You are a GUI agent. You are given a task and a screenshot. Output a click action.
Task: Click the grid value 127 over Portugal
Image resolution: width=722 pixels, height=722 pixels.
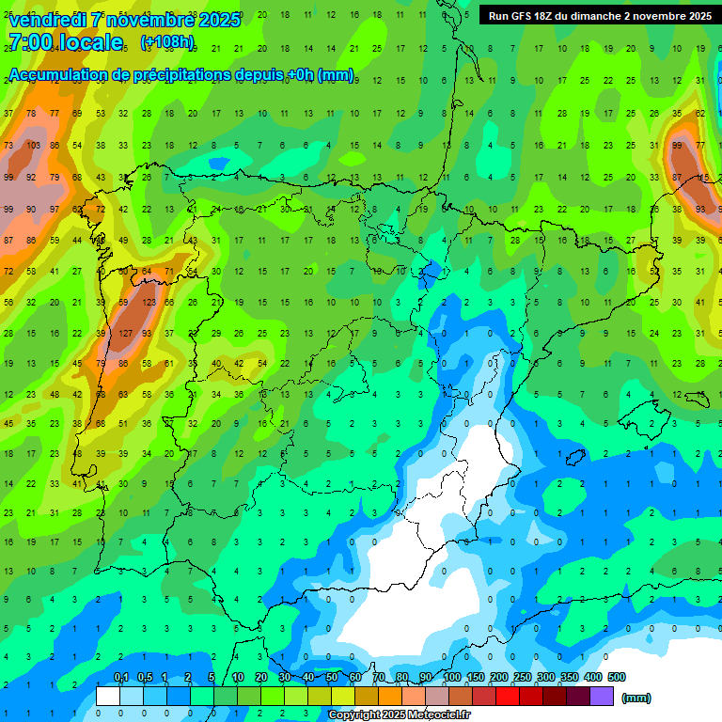(x=125, y=334)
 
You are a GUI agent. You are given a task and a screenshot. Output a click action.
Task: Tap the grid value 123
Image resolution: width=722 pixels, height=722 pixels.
(x=148, y=303)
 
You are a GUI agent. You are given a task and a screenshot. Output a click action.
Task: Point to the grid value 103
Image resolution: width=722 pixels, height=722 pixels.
(x=33, y=146)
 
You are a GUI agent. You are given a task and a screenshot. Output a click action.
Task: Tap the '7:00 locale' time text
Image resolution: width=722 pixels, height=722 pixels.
(x=66, y=42)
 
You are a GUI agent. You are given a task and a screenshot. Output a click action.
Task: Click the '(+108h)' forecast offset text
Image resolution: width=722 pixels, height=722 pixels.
(x=167, y=42)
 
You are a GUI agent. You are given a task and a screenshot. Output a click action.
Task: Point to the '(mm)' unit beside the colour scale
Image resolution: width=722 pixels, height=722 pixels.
(x=636, y=698)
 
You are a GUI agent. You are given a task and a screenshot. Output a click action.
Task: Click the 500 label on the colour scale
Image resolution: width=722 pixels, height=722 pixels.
(x=617, y=677)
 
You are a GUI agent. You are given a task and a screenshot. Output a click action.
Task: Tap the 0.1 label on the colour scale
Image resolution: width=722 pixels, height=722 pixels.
(x=120, y=677)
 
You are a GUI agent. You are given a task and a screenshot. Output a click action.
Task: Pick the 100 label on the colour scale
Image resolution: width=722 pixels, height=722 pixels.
(x=451, y=677)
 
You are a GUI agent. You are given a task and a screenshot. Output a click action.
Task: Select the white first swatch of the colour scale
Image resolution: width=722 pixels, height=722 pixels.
(x=108, y=697)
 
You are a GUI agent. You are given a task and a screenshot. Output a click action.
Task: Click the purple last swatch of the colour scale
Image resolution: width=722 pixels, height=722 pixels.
(x=602, y=697)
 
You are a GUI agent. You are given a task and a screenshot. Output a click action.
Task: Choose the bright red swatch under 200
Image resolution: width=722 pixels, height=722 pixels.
(x=508, y=697)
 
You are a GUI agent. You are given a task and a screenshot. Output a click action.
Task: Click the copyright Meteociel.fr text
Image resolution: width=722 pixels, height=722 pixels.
(x=399, y=715)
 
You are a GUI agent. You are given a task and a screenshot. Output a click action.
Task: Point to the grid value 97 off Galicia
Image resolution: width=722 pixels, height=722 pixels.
(x=55, y=208)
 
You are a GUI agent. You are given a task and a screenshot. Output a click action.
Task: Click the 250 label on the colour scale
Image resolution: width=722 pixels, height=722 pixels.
(x=522, y=677)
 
